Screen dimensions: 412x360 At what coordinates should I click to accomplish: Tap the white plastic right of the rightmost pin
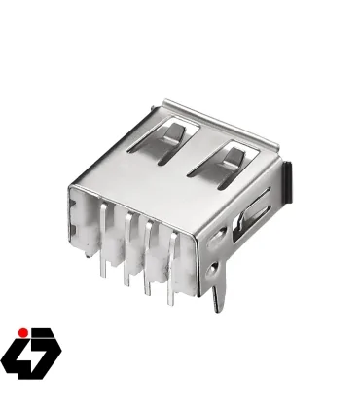click(191, 255)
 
